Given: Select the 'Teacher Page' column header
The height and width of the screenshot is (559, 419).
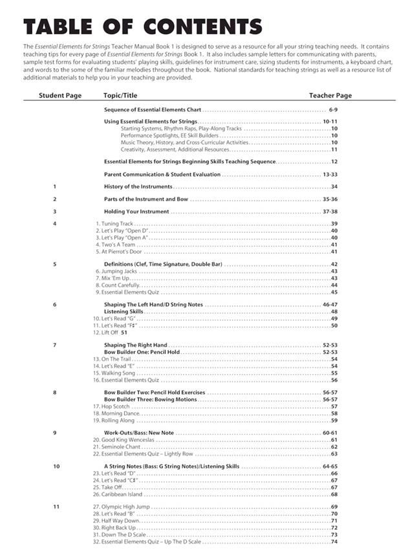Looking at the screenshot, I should [330, 96].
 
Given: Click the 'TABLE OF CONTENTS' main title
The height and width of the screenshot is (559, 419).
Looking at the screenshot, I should [142, 27].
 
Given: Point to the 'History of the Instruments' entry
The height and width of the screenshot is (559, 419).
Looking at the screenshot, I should [138, 186].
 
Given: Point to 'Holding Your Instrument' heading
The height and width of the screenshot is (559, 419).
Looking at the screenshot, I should [136, 211].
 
